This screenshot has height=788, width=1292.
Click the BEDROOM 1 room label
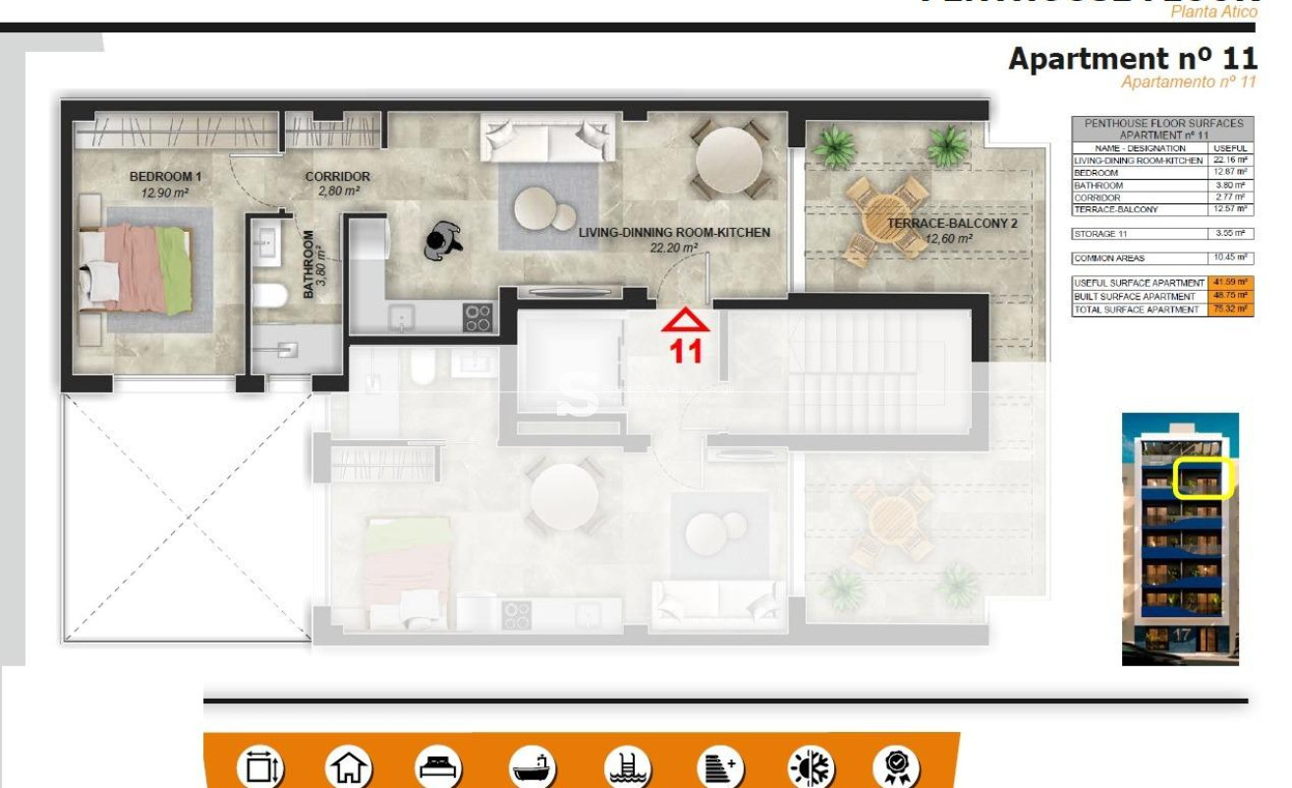point(165,177)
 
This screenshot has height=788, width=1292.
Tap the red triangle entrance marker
point(685,321)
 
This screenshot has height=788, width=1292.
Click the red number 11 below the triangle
point(686,352)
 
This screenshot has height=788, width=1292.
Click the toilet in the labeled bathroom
point(268,294)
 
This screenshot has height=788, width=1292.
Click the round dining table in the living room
point(728,157)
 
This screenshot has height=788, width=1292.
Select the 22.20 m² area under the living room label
point(673,249)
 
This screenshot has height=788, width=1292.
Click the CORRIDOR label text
point(337,177)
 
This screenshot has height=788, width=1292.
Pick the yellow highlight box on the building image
point(1203,478)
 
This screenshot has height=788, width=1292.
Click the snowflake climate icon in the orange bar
point(813,766)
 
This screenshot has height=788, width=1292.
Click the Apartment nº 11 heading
point(1132,59)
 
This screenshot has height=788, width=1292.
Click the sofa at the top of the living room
point(548,137)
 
